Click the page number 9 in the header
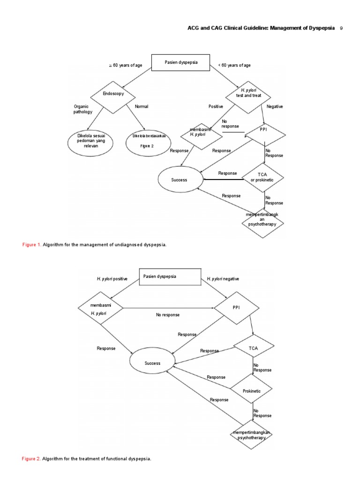341,28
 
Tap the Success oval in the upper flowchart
180,180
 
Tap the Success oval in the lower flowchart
152,363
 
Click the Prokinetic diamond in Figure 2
251,390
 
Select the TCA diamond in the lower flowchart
253,348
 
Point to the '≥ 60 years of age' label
125,65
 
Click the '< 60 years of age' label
234,65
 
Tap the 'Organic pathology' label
83,109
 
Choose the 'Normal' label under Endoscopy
141,106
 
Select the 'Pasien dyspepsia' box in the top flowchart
181,63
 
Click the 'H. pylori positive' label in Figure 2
112,278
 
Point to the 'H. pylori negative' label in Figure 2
223,278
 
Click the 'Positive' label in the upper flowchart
216,106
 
